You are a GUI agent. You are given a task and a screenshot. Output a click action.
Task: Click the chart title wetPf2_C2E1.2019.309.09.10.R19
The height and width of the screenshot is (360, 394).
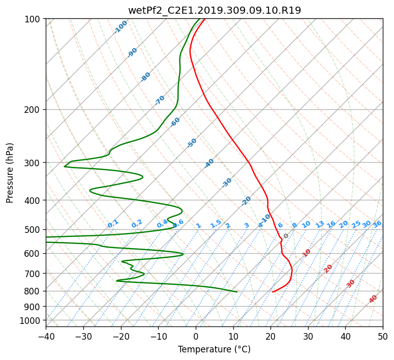click(215, 10)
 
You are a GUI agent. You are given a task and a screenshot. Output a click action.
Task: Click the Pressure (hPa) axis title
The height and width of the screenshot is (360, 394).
click(10, 173)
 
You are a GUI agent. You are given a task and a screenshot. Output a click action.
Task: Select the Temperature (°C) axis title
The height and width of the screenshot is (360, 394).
click(214, 349)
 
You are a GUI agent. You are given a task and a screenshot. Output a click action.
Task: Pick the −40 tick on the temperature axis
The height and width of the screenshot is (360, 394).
click(46, 337)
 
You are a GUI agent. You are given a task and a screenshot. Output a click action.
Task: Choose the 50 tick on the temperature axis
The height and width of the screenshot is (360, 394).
click(383, 337)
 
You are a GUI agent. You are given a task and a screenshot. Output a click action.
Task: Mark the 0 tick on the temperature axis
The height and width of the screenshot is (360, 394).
click(196, 337)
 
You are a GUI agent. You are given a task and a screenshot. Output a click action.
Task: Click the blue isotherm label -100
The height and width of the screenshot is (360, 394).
click(120, 27)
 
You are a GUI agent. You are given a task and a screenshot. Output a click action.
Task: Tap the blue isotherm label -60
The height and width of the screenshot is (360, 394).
click(175, 122)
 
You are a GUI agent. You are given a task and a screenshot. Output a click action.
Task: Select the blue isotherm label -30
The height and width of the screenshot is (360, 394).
click(227, 183)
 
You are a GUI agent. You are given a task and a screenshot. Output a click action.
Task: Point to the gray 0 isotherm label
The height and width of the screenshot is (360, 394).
click(286, 236)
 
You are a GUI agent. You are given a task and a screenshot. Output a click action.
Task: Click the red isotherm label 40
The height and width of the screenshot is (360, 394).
click(373, 299)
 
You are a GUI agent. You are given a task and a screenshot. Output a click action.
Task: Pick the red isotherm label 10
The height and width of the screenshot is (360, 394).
click(307, 253)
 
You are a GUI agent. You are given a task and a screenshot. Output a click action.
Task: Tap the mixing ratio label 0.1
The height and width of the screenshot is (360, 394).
click(113, 224)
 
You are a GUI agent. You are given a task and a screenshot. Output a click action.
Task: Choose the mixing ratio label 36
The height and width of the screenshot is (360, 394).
click(377, 224)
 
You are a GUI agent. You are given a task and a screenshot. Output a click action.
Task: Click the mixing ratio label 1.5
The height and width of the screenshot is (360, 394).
click(216, 224)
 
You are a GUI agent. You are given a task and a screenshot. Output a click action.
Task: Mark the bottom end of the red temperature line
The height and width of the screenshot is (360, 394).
click(273, 292)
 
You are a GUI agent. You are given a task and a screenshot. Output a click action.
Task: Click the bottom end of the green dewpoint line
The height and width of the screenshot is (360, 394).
click(237, 292)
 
